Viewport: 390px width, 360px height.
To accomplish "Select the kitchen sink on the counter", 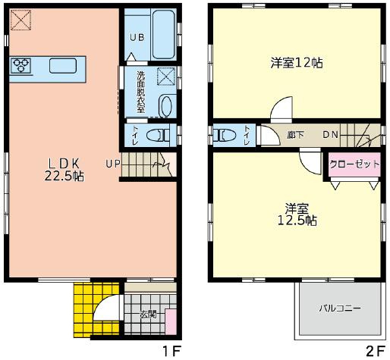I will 62,66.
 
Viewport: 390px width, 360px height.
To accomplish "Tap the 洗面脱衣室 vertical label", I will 140,92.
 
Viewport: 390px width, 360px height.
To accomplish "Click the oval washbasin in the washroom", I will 166,105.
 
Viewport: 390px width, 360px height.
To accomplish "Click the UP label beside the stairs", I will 112,163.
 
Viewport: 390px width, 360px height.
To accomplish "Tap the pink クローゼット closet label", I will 354,164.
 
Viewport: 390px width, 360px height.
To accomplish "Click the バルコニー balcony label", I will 338,308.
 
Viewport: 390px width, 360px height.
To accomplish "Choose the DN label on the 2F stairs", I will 330,135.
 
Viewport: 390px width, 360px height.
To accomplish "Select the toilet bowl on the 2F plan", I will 225,136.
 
